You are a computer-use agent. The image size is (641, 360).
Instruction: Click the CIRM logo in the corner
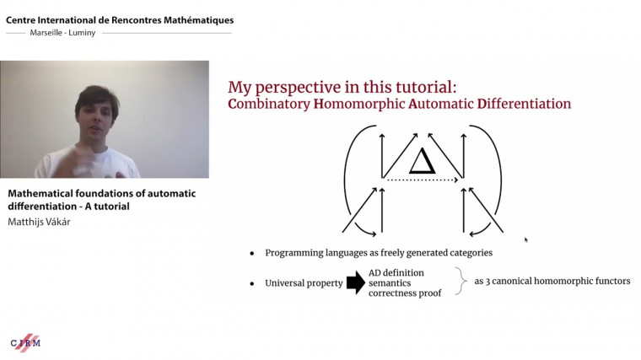coord(25,342)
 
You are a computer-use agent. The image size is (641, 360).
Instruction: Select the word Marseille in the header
coord(48,34)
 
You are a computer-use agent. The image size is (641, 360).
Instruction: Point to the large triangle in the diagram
coord(422,159)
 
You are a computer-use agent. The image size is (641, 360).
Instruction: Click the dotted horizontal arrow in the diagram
coord(423,179)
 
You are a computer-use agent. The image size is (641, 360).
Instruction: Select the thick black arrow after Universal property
coord(356,282)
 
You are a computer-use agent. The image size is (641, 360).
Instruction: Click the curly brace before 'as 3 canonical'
coord(461,282)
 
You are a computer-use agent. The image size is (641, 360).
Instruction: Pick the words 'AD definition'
coord(397,271)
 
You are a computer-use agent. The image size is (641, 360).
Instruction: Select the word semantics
coord(392,282)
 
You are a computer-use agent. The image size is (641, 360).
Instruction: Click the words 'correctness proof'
coord(406,294)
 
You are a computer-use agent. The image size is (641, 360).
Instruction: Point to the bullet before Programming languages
coord(251,253)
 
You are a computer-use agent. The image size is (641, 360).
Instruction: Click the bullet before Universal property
coord(251,283)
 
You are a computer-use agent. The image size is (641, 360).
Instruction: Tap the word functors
coord(609,281)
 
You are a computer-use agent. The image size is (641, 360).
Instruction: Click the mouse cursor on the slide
coord(525,239)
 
